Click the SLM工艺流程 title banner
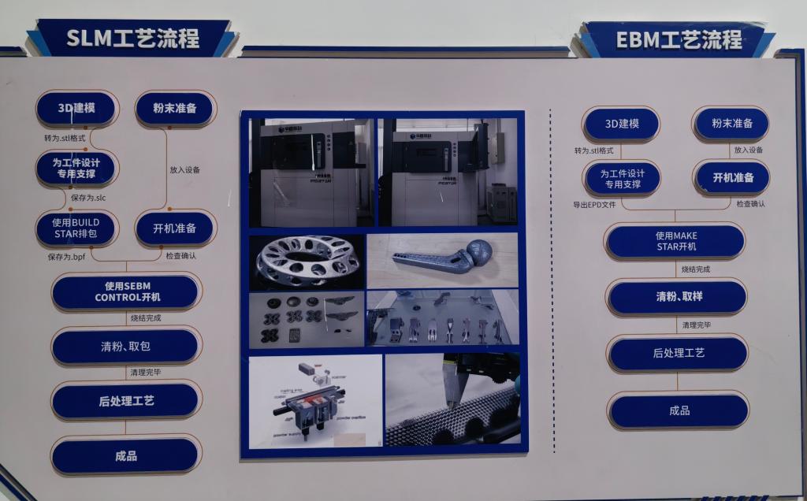point(132,37)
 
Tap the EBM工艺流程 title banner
point(676,39)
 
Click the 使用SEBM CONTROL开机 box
point(127,291)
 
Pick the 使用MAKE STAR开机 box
point(676,241)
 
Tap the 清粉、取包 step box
point(127,347)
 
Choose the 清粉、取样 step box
point(677,297)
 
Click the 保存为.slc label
point(88,198)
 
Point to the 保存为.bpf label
point(66,257)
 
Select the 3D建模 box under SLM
point(76,108)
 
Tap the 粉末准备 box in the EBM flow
point(731,124)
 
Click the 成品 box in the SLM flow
point(126,455)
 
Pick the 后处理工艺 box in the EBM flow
point(678,354)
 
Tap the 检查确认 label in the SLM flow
point(180,256)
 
